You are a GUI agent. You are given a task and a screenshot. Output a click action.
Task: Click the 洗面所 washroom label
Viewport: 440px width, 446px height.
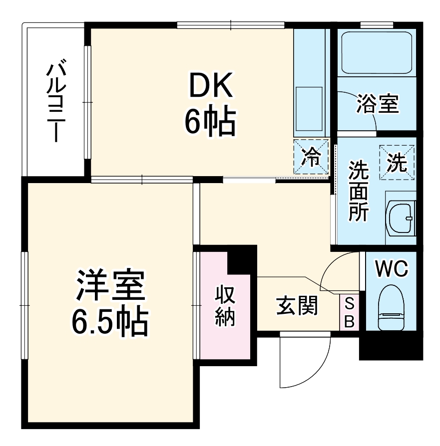point(358,192)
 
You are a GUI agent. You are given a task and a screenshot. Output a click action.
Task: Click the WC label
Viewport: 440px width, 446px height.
point(392,269)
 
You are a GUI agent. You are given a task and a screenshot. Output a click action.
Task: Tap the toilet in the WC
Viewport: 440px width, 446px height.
point(391,308)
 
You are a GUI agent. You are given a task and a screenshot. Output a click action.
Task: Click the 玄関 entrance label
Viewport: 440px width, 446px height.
point(297,306)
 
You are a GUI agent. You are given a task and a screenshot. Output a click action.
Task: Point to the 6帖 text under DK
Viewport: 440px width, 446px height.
point(210,123)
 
